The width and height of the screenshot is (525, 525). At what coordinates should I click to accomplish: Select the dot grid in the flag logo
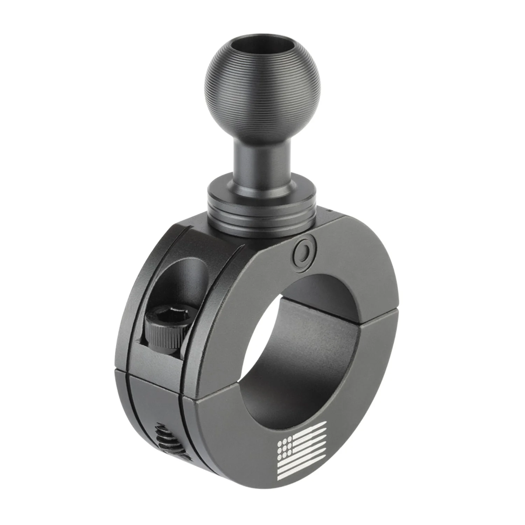tap(285, 449)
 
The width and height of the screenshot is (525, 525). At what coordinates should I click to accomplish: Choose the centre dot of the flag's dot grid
tap(285, 449)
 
